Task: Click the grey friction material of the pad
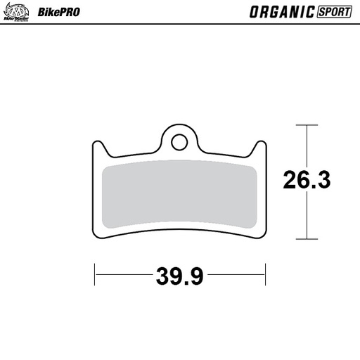pos(179,196)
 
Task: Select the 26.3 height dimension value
pos(307,181)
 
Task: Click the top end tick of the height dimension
pos(307,124)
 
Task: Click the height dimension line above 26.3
pos(307,144)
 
